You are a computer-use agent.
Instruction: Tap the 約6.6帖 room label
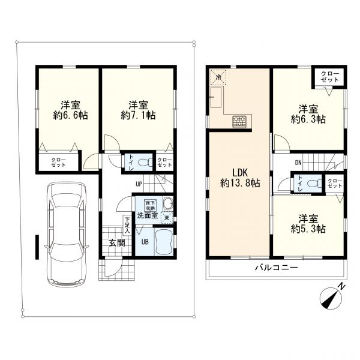coord(70,110)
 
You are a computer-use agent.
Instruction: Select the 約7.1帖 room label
coord(138,110)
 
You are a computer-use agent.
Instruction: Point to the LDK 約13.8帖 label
coord(240,178)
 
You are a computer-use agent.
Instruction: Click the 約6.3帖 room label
coord(308,114)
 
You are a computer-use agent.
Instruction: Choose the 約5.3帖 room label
coord(308,224)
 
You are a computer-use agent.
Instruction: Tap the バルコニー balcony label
coord(277,268)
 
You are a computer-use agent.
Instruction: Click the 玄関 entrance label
coord(117,242)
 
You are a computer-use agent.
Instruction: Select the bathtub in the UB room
coord(163,242)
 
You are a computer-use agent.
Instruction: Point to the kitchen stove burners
coord(239,121)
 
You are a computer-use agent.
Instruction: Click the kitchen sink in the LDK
coord(215,97)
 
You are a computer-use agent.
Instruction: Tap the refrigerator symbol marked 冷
coord(218,77)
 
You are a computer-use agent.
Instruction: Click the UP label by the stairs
coord(139,184)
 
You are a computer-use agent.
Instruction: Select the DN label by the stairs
coord(298,163)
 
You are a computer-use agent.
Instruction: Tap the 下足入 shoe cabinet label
coord(127,225)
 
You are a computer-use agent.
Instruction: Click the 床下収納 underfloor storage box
coord(150,205)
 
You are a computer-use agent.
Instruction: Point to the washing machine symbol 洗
coord(167,218)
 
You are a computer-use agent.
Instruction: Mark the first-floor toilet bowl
coord(145,163)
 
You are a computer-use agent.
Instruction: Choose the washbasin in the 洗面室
coord(168,203)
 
